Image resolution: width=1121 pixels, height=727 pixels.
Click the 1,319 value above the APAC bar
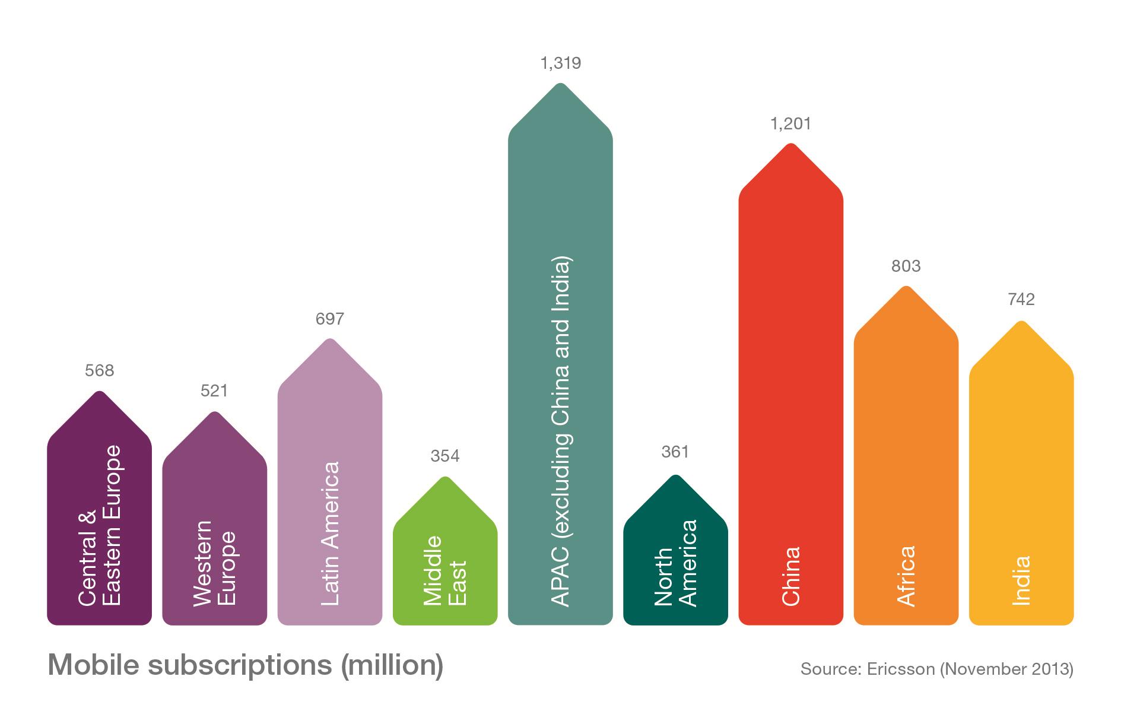[x=560, y=63]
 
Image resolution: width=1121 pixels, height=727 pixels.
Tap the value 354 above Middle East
[x=445, y=456]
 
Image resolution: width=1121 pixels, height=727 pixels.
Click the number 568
[x=99, y=371]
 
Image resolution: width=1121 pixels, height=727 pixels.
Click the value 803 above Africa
[x=906, y=266]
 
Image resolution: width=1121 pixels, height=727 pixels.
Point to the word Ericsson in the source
[x=898, y=669]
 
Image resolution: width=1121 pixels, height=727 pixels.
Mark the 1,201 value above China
[x=790, y=124]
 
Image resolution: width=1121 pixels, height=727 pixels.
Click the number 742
[x=1021, y=300]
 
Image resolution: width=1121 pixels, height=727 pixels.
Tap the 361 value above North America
[x=675, y=452]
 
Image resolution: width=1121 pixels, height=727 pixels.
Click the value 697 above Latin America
[x=330, y=319]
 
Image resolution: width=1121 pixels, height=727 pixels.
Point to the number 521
[x=214, y=391]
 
